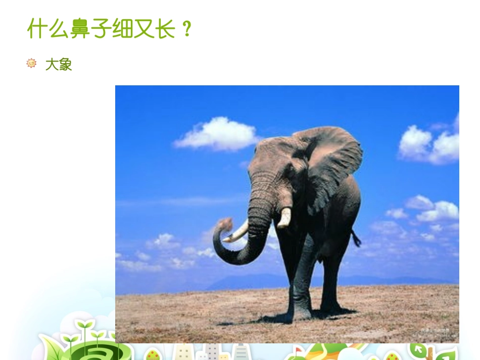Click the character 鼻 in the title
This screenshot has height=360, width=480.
(81, 29)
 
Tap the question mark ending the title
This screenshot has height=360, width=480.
(186, 29)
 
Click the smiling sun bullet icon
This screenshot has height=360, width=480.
(31, 63)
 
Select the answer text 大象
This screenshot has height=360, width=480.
(59, 64)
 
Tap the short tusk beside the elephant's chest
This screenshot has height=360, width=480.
(285, 217)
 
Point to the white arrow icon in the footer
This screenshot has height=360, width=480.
(419, 349)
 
